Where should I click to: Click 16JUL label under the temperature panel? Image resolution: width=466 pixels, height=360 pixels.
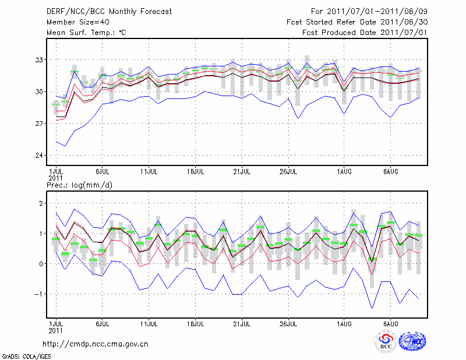pos(196,172)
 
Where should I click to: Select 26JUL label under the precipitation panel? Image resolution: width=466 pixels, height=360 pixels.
pos(289,323)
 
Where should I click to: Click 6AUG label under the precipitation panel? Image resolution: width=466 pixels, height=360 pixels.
pos(390,323)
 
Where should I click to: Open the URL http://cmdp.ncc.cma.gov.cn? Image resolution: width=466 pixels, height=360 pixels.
pos(96,344)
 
